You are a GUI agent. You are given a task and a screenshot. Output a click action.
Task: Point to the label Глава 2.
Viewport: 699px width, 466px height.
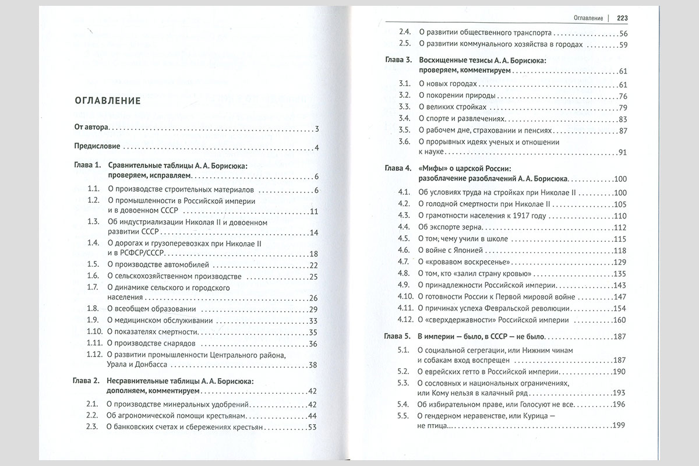[x=87, y=382]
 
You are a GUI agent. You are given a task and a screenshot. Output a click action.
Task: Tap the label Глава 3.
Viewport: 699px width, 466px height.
[x=399, y=61]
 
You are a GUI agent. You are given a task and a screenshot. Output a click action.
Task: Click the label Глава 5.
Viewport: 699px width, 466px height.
[x=399, y=337]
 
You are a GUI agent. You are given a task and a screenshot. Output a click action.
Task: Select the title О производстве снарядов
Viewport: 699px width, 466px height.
[x=154, y=344]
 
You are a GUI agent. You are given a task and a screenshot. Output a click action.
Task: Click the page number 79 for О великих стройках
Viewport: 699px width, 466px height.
[x=622, y=108]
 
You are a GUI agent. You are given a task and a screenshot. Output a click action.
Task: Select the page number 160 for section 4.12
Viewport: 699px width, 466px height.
[x=620, y=320]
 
